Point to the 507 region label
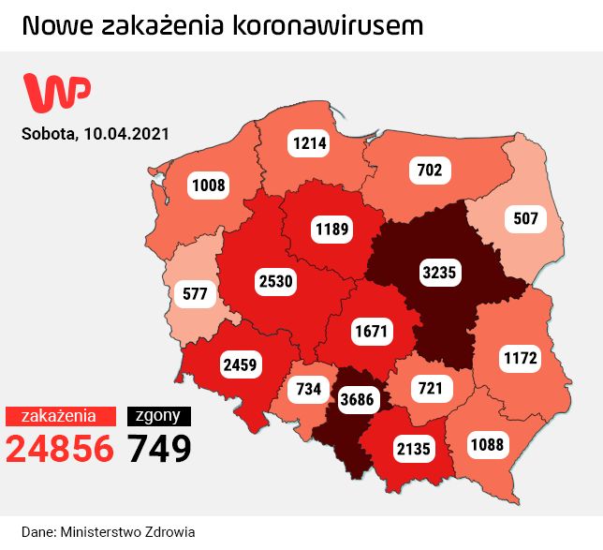pos(526,220)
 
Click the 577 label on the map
pos(196,294)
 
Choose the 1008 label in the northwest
pos(209,185)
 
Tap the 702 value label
pos(430,170)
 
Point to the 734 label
pos(308,389)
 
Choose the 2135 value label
pos(413,448)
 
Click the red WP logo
pos(57,92)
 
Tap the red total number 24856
pos(60,449)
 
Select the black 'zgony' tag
pos(159,416)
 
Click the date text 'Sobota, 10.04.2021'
pos(96,133)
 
